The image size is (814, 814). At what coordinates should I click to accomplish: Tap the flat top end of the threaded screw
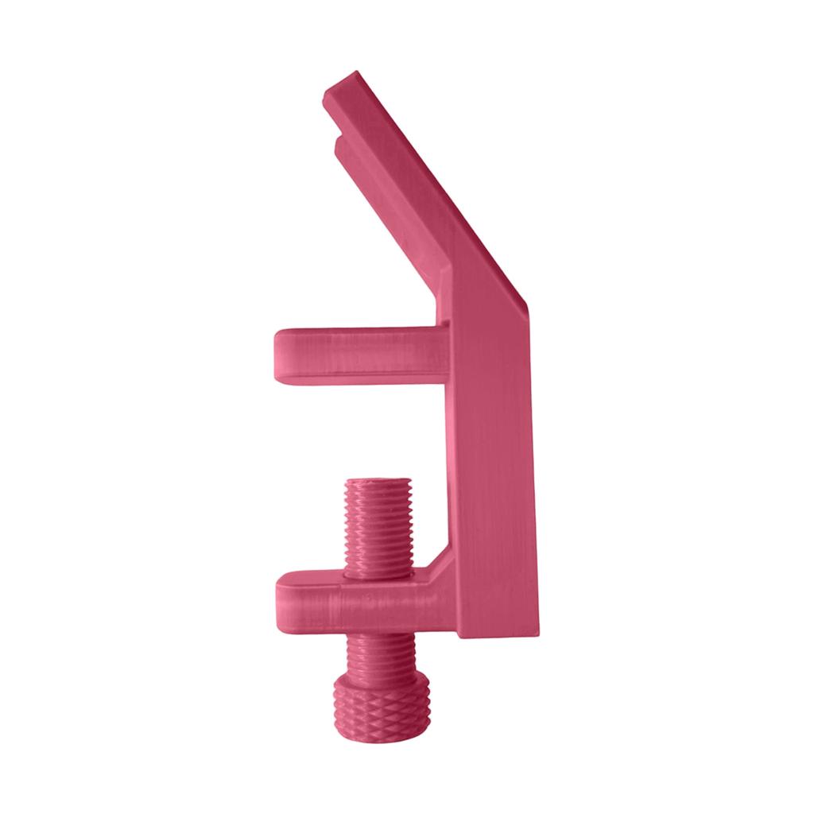pyautogui.click(x=379, y=483)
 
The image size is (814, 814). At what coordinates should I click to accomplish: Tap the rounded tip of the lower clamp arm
pyautogui.click(x=281, y=597)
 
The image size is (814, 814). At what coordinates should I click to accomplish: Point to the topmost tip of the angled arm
pyautogui.click(x=354, y=73)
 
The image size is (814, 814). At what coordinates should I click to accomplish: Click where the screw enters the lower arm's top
pyautogui.click(x=379, y=573)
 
